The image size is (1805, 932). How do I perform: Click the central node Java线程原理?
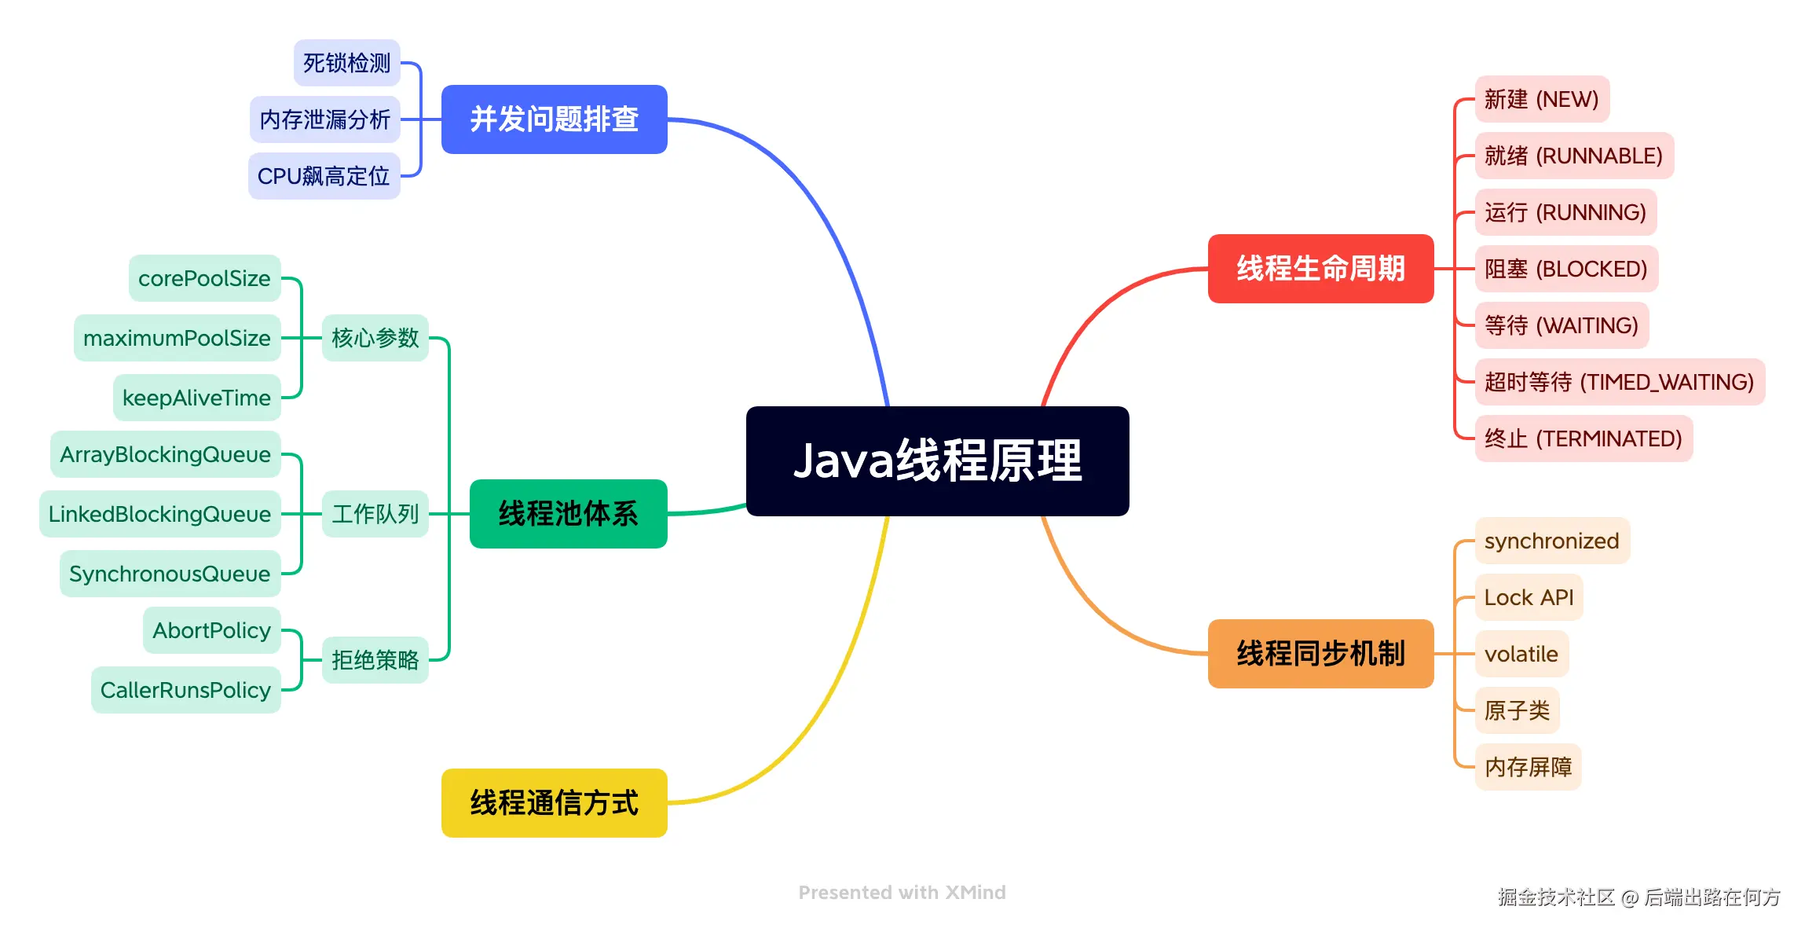click(x=937, y=460)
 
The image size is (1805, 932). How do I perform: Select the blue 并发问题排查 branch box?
click(x=554, y=119)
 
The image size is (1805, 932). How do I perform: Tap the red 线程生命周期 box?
click(x=1320, y=269)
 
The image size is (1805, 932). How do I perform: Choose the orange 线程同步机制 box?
click(x=1320, y=654)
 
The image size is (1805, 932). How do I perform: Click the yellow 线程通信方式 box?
click(x=554, y=803)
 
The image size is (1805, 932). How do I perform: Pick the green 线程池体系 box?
click(x=568, y=514)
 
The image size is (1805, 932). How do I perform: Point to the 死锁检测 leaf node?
click(x=346, y=63)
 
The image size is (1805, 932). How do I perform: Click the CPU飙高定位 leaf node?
click(x=324, y=176)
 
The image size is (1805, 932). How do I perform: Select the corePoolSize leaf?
click(x=204, y=278)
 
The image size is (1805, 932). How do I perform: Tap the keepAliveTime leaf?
click(x=196, y=398)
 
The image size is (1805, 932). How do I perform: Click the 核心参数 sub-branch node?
click(x=375, y=338)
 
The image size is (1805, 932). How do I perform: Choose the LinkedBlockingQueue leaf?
click(x=159, y=514)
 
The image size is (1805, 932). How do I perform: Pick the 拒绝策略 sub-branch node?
click(x=375, y=660)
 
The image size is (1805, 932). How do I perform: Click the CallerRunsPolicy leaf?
click(x=185, y=690)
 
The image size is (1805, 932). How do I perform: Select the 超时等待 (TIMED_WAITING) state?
click(x=1619, y=382)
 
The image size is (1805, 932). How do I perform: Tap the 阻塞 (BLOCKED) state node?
click(x=1565, y=269)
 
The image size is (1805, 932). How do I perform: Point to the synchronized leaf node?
click(x=1551, y=541)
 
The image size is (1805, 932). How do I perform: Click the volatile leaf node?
click(x=1521, y=654)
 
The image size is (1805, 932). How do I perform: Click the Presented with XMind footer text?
click(x=902, y=893)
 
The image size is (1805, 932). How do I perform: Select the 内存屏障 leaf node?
click(x=1528, y=767)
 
